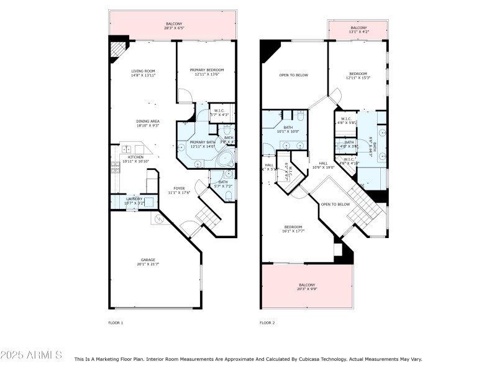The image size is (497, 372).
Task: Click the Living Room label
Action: [x=142, y=73]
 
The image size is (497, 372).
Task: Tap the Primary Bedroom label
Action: [x=206, y=72]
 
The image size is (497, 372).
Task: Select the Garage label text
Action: [x=147, y=262]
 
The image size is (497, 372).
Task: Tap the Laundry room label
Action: [x=134, y=201]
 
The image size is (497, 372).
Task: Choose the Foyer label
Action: [x=179, y=190]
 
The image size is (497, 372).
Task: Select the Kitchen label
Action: [x=135, y=159]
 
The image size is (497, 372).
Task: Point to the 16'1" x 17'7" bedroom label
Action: [x=293, y=229]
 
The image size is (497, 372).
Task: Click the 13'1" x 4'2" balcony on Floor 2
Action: [x=358, y=30]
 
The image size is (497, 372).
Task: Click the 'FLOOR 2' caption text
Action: [x=267, y=323]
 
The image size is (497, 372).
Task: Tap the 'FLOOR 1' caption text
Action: [x=116, y=323]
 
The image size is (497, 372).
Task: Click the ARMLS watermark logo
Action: [x=31, y=355]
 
